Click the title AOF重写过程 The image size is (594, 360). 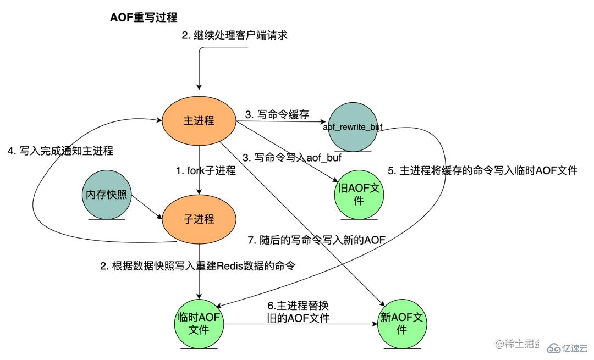[x=144, y=18]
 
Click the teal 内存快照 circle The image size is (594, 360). [x=107, y=196]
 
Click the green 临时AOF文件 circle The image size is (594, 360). [x=198, y=323]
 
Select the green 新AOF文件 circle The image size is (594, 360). [x=402, y=323]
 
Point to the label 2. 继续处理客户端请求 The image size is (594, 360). [x=235, y=36]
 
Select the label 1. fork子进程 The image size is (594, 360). [x=206, y=171]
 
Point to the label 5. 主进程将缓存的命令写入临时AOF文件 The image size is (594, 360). [x=482, y=170]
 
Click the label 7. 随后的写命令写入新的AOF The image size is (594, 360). [x=317, y=240]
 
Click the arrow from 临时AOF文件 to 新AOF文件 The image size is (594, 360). [x=300, y=324]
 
